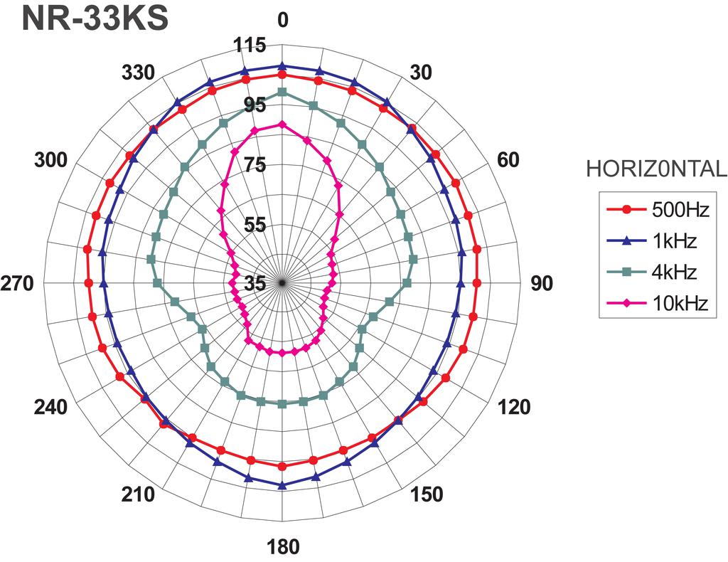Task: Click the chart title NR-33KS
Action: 95,19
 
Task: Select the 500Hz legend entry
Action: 658,210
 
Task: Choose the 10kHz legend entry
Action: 658,303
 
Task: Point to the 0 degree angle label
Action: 282,20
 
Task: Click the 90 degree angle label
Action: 541,283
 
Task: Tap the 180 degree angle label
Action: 283,546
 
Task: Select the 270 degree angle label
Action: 17,283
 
